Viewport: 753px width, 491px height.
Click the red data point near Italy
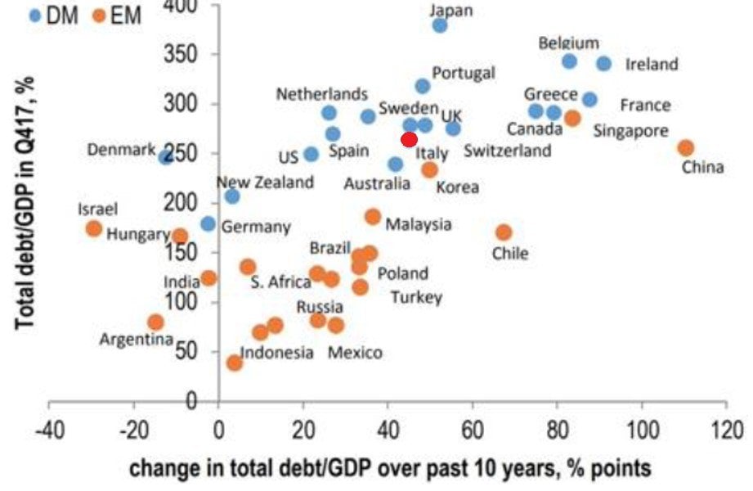coord(410,139)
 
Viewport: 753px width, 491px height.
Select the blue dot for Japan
coord(440,25)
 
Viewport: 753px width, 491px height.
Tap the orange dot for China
coord(686,148)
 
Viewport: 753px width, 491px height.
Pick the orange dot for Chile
coord(504,232)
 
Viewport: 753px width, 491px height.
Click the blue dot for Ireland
coord(604,63)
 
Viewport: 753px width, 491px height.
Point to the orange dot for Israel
coord(94,228)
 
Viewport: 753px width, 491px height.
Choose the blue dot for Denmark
coord(165,156)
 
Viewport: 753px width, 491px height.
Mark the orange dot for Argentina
coord(155,322)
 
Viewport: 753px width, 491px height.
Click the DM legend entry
coord(54,15)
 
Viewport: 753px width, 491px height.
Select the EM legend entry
coord(114,15)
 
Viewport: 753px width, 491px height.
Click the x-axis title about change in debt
coord(390,468)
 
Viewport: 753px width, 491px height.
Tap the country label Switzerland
coord(507,151)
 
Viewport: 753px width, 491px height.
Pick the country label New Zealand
coord(265,182)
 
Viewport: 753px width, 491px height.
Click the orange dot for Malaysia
coord(373,217)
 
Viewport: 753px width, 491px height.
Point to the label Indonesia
coord(277,353)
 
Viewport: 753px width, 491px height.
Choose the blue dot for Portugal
coord(423,86)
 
